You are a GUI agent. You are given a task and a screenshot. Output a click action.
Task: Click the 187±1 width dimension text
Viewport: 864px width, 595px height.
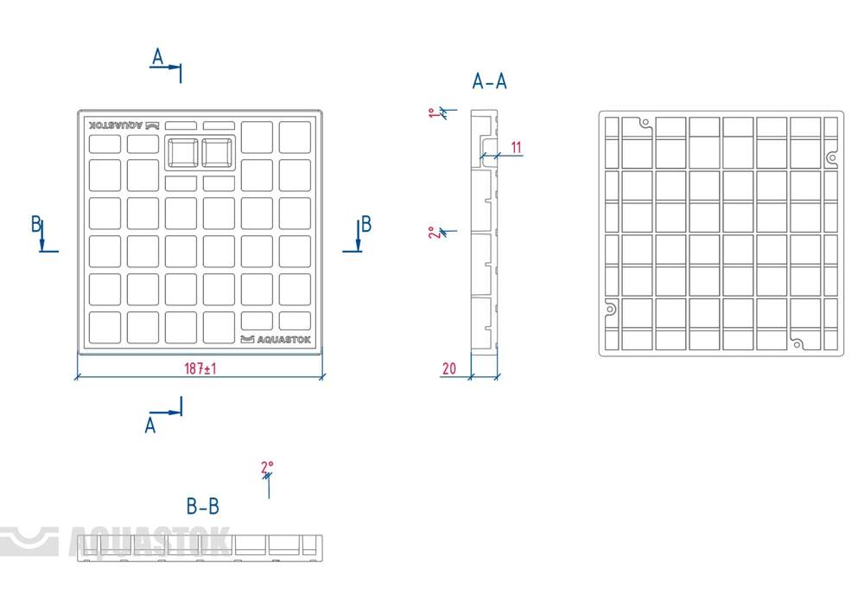pyautogui.click(x=200, y=369)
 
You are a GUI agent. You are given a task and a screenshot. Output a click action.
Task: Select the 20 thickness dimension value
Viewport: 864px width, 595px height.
pyautogui.click(x=449, y=368)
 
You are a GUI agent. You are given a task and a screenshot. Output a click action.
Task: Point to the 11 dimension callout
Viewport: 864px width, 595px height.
pyautogui.click(x=516, y=147)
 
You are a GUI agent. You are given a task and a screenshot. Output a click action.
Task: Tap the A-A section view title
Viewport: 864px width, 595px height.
pyautogui.click(x=490, y=82)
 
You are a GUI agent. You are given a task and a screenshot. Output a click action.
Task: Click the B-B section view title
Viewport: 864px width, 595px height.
pyautogui.click(x=203, y=506)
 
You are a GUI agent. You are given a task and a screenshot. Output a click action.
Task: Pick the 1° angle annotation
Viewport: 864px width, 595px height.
pyautogui.click(x=434, y=113)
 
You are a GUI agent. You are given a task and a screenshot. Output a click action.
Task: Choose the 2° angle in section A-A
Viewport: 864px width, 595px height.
pyautogui.click(x=433, y=233)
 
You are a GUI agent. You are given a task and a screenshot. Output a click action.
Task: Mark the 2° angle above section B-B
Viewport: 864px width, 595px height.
pyautogui.click(x=267, y=469)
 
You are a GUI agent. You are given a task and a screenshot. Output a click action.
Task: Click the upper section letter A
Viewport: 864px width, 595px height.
pyautogui.click(x=158, y=57)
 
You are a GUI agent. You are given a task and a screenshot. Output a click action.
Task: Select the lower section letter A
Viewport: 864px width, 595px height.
pyautogui.click(x=150, y=425)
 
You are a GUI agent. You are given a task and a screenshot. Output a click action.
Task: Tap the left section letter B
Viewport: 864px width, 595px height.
pyautogui.click(x=36, y=225)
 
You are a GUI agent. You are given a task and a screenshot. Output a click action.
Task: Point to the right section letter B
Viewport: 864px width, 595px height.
pyautogui.click(x=366, y=225)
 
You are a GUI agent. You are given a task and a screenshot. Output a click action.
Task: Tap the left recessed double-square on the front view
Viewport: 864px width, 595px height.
pyautogui.click(x=181, y=152)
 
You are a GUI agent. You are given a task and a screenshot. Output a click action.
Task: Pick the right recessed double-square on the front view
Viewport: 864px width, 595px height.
pyautogui.click(x=219, y=152)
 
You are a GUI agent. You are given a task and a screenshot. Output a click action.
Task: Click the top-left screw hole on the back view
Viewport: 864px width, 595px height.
pyautogui.click(x=645, y=123)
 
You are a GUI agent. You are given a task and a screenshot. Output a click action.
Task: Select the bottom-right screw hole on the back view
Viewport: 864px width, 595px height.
pyautogui.click(x=797, y=343)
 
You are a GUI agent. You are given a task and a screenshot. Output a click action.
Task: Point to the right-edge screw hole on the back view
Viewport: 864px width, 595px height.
pyautogui.click(x=831, y=158)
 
